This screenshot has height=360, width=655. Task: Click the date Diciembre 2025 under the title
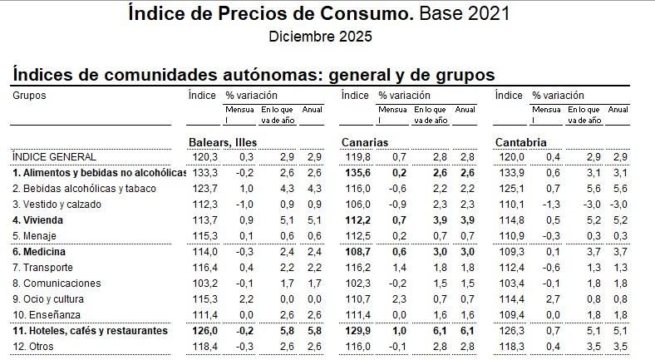[x=320, y=37]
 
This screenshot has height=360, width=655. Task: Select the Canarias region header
[x=365, y=142]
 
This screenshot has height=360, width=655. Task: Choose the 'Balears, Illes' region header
[x=223, y=142]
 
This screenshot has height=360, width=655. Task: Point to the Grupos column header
[x=29, y=96]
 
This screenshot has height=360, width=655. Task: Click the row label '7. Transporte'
[x=42, y=268]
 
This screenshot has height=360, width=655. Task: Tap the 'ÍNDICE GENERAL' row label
[x=55, y=156]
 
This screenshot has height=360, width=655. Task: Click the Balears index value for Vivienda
[x=204, y=220]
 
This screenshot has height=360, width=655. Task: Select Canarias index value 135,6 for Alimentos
[x=357, y=173]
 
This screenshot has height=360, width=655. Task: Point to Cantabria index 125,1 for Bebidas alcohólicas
[x=510, y=189]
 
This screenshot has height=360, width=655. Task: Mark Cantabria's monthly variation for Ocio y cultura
[x=553, y=299]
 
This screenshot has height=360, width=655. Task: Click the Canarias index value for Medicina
[x=357, y=252]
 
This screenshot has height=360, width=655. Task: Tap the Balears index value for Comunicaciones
[x=204, y=284]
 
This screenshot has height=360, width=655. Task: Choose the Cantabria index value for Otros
[x=510, y=347]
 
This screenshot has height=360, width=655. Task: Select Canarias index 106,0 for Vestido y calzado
[x=357, y=205]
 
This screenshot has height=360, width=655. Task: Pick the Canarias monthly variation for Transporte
[x=399, y=268]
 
